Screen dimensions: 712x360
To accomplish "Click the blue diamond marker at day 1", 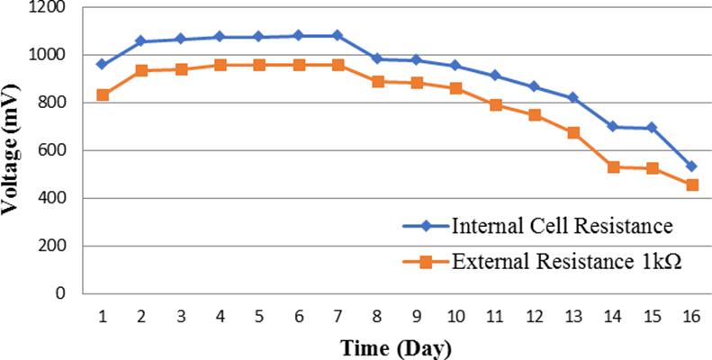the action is pos(103,65).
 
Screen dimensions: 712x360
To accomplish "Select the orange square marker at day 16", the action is pos(692,184).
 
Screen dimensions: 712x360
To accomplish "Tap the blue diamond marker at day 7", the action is pos(338,35).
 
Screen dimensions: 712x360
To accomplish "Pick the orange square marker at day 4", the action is pos(221,66).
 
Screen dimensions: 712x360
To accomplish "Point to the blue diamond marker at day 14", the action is pos(613,126).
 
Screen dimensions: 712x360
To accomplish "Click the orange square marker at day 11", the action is pos(495,105).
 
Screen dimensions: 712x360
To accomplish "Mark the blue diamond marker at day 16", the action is pos(692,166).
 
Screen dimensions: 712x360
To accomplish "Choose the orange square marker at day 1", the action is pos(103,94).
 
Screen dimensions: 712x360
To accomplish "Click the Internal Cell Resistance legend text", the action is pos(562,226).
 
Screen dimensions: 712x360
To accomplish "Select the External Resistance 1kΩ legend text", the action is pos(567,262).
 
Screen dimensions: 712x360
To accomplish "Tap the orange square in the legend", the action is pos(426,263).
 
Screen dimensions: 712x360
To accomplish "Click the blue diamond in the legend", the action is pos(426,227).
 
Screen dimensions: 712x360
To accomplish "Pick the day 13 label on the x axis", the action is pos(574,316).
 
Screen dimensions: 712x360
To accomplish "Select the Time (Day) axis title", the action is pos(397,348).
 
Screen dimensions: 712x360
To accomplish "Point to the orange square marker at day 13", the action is pos(573,133).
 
